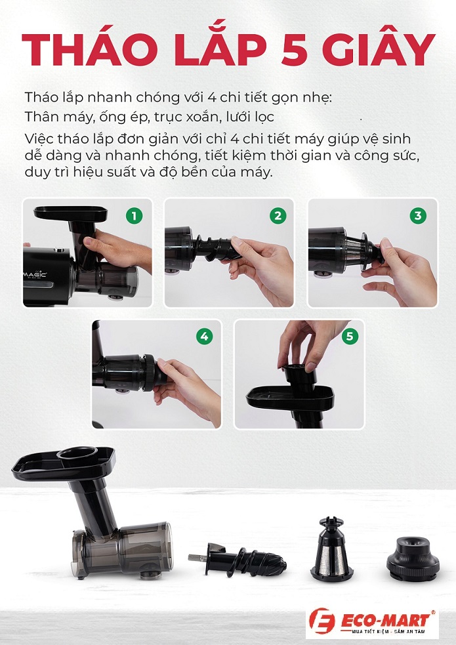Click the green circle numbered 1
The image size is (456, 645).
pos(134,216)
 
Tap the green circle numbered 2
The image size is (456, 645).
pos(278,216)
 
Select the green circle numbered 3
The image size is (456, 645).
pos(418,216)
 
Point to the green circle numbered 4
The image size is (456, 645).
pos(204,337)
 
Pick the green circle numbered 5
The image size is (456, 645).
pos(350,336)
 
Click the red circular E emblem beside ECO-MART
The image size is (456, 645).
pos(322,621)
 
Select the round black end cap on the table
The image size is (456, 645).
pos(413,558)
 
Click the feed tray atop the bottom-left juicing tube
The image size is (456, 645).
pos(64,463)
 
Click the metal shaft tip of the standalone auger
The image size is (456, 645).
pos(197,558)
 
